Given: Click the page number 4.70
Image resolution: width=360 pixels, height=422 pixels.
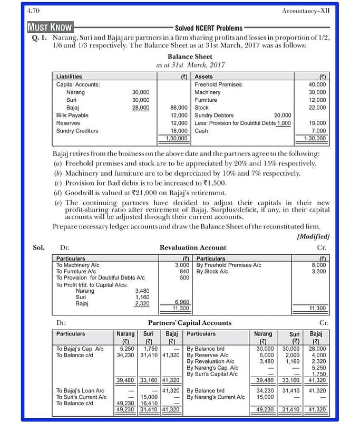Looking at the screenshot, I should pyautogui.click(x=33, y=11).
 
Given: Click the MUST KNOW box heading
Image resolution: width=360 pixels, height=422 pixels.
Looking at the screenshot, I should pyautogui.click(x=51, y=27).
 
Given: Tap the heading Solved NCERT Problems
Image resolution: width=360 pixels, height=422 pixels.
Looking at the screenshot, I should pyautogui.click(x=209, y=28).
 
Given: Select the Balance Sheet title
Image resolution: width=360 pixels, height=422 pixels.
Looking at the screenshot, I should pyautogui.click(x=190, y=56).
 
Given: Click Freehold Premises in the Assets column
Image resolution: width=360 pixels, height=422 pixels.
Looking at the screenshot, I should pyautogui.click(x=218, y=84).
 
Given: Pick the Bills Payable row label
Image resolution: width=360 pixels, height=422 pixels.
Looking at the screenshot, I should pyautogui.click(x=72, y=115).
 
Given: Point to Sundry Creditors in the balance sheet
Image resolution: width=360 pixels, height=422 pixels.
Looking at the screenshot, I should pyautogui.click(x=77, y=131).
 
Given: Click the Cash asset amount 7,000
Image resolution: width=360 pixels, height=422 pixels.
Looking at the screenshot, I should pyautogui.click(x=318, y=131).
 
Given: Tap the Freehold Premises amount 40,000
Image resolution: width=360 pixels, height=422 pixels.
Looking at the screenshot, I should pyautogui.click(x=317, y=84).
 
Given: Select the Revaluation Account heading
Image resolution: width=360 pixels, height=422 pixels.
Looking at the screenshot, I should pyautogui.click(x=192, y=247).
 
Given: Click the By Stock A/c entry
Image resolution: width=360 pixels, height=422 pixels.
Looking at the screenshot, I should pyautogui.click(x=212, y=272).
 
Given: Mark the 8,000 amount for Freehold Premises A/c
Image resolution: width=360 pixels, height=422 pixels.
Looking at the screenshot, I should pyautogui.click(x=318, y=265).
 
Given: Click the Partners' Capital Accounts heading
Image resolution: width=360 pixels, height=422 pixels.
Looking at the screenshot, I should pyautogui.click(x=189, y=323).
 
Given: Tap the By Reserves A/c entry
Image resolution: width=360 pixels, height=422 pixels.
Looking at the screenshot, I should pyautogui.click(x=210, y=355).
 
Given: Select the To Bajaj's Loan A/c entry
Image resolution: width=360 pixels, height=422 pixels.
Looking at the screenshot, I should pyautogui.click(x=80, y=391).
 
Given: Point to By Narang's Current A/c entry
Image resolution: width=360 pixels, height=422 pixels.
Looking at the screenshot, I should pyautogui.click(x=216, y=397).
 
